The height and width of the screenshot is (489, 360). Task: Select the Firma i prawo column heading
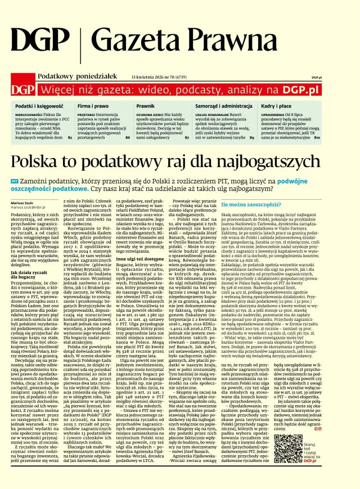93,106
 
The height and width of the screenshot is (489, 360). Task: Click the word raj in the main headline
186,163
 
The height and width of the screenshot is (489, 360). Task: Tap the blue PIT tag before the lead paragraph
15,182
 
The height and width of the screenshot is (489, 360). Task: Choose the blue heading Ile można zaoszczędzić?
247,205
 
